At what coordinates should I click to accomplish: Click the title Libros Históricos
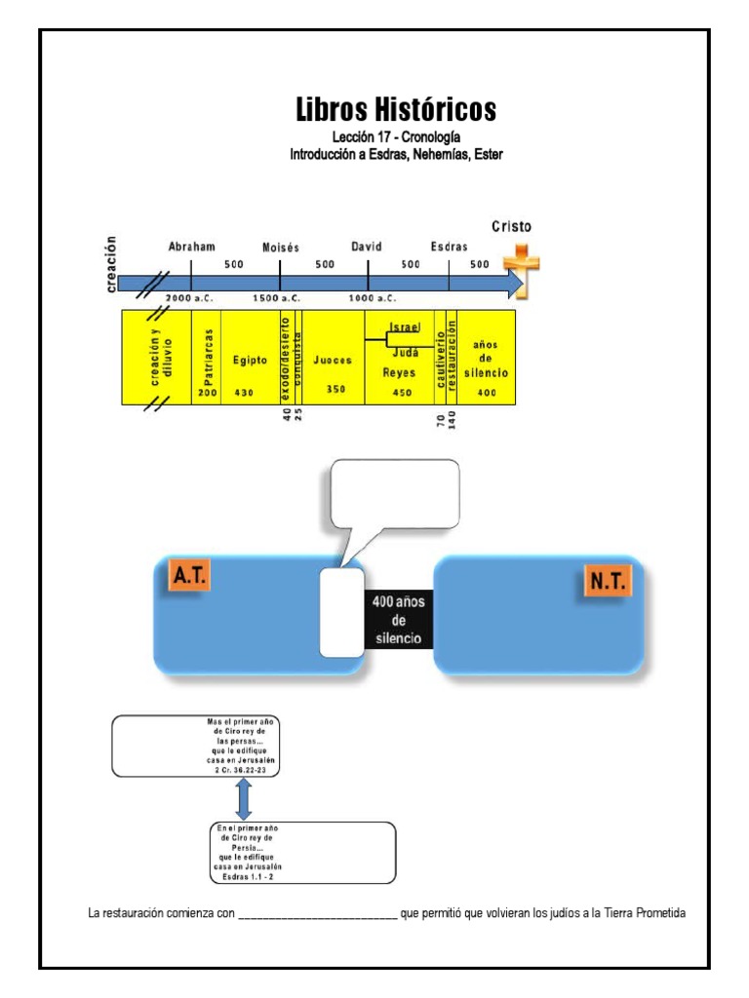tap(396, 110)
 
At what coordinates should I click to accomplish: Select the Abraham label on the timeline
tap(191, 248)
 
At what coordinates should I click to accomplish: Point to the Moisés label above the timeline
tap(281, 249)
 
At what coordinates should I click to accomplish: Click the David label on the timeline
tap(366, 248)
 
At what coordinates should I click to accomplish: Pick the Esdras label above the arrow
tap(449, 248)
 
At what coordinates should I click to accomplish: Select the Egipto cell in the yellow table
tap(250, 360)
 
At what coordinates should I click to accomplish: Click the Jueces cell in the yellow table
tap(333, 361)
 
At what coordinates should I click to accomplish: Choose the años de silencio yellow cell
tap(486, 359)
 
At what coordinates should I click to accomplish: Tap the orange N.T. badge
tap(609, 583)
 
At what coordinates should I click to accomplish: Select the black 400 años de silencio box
tap(398, 621)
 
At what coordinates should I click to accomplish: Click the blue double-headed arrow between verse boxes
tap(244, 799)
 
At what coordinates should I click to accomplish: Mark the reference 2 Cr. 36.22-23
tap(244, 770)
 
